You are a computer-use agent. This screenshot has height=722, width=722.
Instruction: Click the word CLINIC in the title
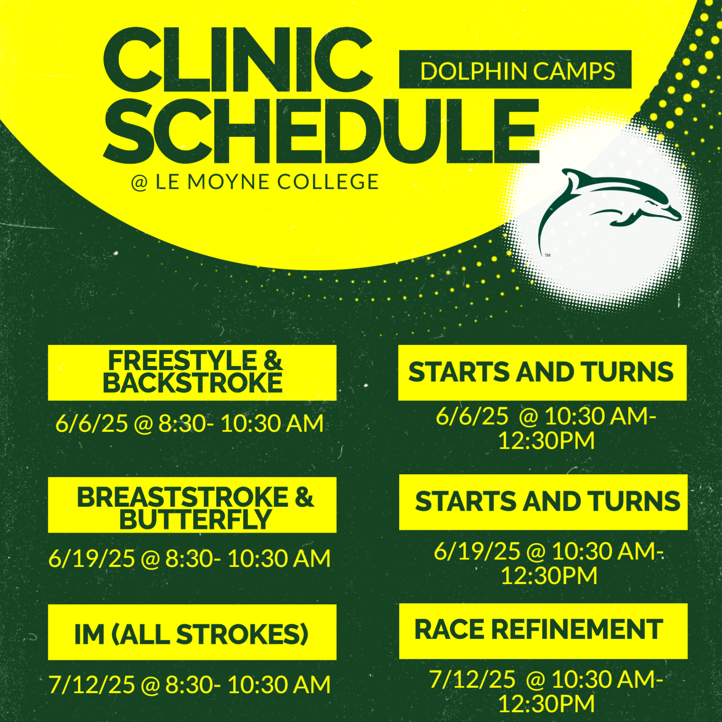pyautogui.click(x=238, y=60)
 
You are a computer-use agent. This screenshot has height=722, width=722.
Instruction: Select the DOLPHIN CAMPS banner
pyautogui.click(x=515, y=70)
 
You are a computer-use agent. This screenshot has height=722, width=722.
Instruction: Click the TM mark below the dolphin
pyautogui.click(x=548, y=256)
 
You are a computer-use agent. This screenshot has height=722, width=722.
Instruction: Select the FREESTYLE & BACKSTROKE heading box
pyautogui.click(x=192, y=373)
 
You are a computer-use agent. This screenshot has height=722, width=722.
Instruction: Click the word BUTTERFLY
pyautogui.click(x=196, y=519)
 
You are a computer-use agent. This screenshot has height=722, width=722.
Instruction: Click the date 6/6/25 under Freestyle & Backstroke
pyautogui.click(x=92, y=424)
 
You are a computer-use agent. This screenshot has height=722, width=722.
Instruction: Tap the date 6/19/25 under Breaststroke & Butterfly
pyautogui.click(x=92, y=559)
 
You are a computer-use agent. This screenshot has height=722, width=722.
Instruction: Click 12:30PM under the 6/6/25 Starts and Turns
pyautogui.click(x=547, y=441)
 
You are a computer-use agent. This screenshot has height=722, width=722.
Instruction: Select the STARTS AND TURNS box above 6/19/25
pyautogui.click(x=543, y=502)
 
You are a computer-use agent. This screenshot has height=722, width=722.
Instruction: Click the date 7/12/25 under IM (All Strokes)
pyautogui.click(x=92, y=685)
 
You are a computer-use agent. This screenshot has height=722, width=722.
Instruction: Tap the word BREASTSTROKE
pyautogui.click(x=183, y=497)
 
